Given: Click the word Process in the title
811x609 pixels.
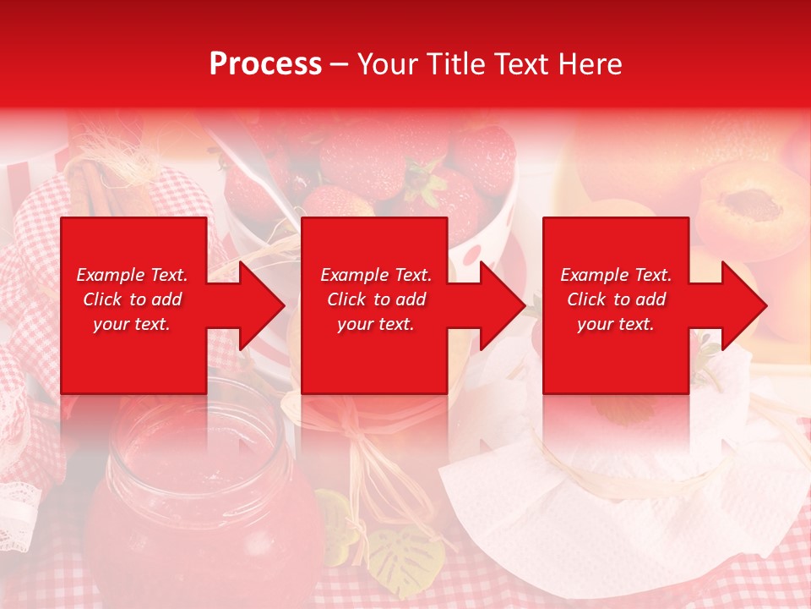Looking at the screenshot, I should pyautogui.click(x=265, y=64).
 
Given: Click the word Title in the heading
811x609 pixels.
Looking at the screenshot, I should pyautogui.click(x=453, y=64).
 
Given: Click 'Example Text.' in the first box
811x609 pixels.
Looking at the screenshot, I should pyautogui.click(x=132, y=275).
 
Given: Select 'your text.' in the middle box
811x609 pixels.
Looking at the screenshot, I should pyautogui.click(x=375, y=324).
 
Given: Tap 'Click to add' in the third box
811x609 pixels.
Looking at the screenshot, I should pyautogui.click(x=616, y=299).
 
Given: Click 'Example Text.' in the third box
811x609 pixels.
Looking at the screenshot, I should pyautogui.click(x=616, y=275).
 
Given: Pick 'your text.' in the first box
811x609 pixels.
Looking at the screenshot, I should pyautogui.click(x=132, y=324).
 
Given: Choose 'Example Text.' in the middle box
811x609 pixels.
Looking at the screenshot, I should pyautogui.click(x=375, y=275).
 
